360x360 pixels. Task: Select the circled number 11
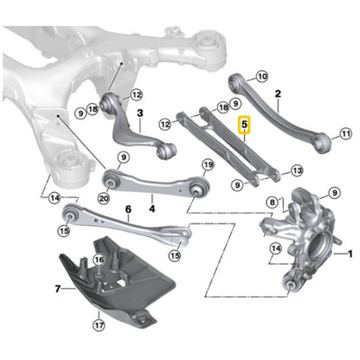pyautogui.click(x=346, y=134)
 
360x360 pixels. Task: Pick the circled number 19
pyautogui.click(x=207, y=164)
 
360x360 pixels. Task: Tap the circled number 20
pyautogui.click(x=104, y=197)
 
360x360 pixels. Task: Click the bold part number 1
pyautogui.click(x=350, y=254)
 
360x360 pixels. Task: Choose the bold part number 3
pyautogui.click(x=139, y=112)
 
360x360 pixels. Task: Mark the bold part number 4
pyautogui.click(x=151, y=208)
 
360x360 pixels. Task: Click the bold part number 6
pyautogui.click(x=127, y=209)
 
